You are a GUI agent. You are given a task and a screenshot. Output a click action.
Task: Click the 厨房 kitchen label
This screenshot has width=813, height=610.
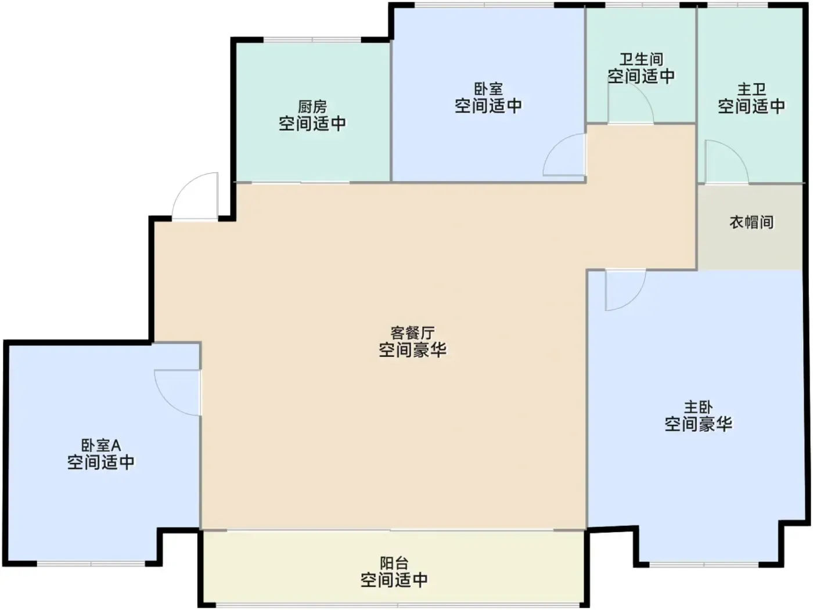(x=312, y=107)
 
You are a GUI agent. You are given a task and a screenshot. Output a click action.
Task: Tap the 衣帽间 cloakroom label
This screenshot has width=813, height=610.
(x=751, y=222)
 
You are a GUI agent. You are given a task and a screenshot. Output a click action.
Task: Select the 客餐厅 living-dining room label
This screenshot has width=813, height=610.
(x=412, y=333)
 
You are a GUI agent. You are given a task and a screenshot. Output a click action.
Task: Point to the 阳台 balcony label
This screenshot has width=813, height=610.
(x=394, y=564)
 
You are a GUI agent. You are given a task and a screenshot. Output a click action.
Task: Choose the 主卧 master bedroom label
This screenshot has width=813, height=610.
(x=698, y=407)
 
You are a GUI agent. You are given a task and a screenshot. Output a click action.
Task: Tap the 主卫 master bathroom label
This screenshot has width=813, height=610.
(x=751, y=90)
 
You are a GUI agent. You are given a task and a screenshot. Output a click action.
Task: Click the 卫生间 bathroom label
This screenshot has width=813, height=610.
(x=641, y=59)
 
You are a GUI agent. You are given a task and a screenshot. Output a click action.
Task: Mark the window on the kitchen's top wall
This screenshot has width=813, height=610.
(x=312, y=39)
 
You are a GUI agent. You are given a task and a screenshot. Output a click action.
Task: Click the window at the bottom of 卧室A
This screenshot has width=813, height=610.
(x=91, y=564)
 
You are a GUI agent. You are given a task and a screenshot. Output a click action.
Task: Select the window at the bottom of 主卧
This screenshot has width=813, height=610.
(x=704, y=565)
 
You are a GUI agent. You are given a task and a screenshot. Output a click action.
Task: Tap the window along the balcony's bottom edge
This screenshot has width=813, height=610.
(x=398, y=605)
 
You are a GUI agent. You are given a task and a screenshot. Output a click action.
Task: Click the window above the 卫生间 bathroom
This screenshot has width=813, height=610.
(x=643, y=5)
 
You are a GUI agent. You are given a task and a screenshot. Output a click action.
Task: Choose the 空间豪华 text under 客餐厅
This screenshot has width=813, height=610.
(x=412, y=350)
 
